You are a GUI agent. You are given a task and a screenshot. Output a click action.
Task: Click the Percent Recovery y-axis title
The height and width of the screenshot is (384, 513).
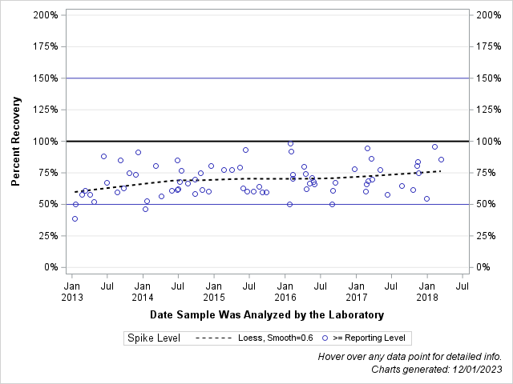click(15, 142)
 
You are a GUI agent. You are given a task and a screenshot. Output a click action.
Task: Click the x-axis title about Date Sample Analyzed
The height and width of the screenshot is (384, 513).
click(267, 314)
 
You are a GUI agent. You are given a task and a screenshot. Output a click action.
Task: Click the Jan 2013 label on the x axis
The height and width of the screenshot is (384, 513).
click(71, 291)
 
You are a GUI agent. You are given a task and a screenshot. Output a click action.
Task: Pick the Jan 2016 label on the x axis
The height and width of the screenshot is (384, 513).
click(285, 291)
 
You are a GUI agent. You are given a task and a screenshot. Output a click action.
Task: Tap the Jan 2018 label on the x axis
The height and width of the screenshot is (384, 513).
click(428, 291)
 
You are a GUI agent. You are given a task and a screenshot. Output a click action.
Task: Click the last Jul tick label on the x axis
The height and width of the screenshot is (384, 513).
click(463, 285)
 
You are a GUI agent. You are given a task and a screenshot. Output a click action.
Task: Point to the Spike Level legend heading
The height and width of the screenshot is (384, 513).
click(153, 338)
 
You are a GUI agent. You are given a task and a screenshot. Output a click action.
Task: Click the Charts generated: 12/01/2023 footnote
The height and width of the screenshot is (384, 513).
click(437, 370)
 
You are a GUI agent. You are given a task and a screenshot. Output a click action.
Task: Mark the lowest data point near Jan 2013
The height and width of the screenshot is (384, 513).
click(75, 218)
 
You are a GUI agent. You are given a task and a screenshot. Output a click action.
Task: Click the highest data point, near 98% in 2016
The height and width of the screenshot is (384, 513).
click(290, 143)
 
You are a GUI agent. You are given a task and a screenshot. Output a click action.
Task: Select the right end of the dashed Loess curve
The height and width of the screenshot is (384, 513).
click(440, 171)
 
